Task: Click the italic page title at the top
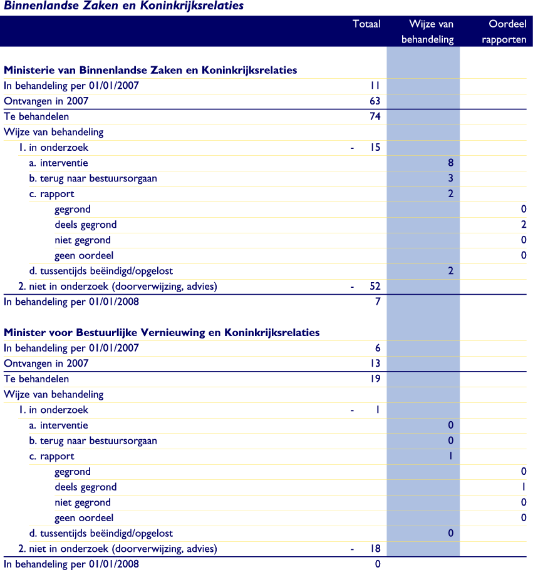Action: pos(124,6)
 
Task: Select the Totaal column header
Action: pos(366,24)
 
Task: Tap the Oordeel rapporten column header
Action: pos(507,32)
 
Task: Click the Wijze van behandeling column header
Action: pos(431,32)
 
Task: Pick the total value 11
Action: pos(375,86)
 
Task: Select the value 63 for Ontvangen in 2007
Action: pos(375,101)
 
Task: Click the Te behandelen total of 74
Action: pos(375,116)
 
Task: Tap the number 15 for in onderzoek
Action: pos(375,148)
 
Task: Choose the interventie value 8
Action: pos(450,163)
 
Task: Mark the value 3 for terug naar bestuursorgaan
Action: pos(450,178)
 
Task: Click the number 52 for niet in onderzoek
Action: pos(375,287)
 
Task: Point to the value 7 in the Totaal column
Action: pos(377,302)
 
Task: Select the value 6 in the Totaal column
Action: pos(377,348)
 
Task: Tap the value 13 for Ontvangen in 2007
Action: pos(375,364)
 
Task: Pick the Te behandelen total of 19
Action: pos(375,379)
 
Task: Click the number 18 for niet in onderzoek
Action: pos(375,549)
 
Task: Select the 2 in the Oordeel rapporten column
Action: pos(523,225)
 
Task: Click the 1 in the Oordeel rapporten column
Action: pos(523,487)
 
